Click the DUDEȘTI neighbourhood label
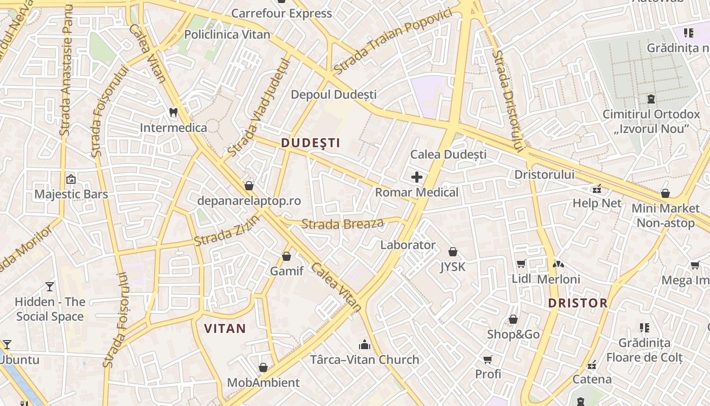pos(310,143)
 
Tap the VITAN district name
pos(225,328)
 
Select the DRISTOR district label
pos(578,303)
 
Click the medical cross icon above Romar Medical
pos(417,177)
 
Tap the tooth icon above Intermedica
pos(173,112)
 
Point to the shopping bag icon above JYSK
pos(452,252)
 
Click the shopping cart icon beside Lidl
pos(521,264)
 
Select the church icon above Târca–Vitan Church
pos(364,345)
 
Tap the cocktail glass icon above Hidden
pos(49,287)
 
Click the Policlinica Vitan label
pos(227,35)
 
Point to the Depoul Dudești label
pos(333,94)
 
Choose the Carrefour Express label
pos(281,13)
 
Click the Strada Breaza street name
pos(342,223)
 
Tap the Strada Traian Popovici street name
pos(392,41)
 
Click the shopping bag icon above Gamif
pos(287,256)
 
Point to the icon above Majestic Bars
pos(71,179)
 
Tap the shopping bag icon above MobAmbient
pos(263,367)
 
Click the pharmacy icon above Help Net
pos(597,189)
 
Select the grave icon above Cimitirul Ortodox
pos(651,99)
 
